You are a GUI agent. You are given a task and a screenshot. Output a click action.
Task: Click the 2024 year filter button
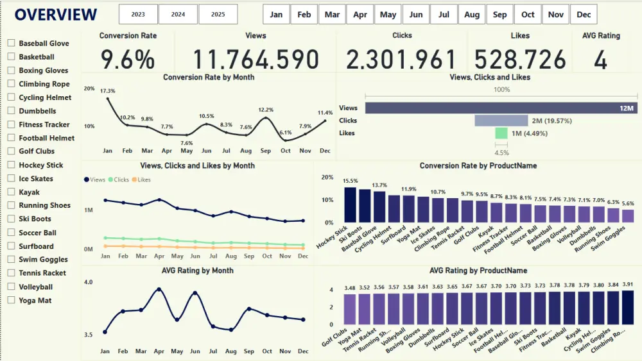click(178, 14)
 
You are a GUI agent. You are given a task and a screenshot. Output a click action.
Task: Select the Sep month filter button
click(499, 14)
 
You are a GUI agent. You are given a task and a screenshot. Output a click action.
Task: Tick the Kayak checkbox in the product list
click(12, 192)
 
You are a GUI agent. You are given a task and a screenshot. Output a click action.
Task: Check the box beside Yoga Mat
click(12, 300)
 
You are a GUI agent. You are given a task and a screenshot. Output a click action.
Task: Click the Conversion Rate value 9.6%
click(128, 60)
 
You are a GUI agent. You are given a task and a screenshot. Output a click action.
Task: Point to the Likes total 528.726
click(520, 60)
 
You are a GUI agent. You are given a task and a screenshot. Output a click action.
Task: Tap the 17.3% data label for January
click(108, 91)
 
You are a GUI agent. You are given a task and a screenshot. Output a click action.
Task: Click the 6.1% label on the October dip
click(286, 133)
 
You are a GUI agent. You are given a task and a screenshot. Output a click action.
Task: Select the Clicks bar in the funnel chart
click(501, 121)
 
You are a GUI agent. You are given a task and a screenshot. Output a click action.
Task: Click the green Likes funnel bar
click(501, 133)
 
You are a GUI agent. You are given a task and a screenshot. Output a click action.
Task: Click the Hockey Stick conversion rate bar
click(351, 205)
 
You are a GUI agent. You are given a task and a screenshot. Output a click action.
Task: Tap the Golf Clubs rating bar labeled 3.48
click(351, 309)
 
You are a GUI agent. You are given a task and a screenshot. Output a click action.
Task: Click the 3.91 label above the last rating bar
click(628, 284)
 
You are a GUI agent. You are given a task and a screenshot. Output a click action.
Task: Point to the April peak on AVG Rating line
click(158, 290)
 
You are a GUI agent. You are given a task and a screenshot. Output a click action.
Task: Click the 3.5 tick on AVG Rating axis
click(89, 335)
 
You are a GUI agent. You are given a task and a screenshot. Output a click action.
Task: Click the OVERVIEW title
click(56, 15)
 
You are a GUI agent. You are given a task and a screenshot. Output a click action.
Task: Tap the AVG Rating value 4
click(600, 60)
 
